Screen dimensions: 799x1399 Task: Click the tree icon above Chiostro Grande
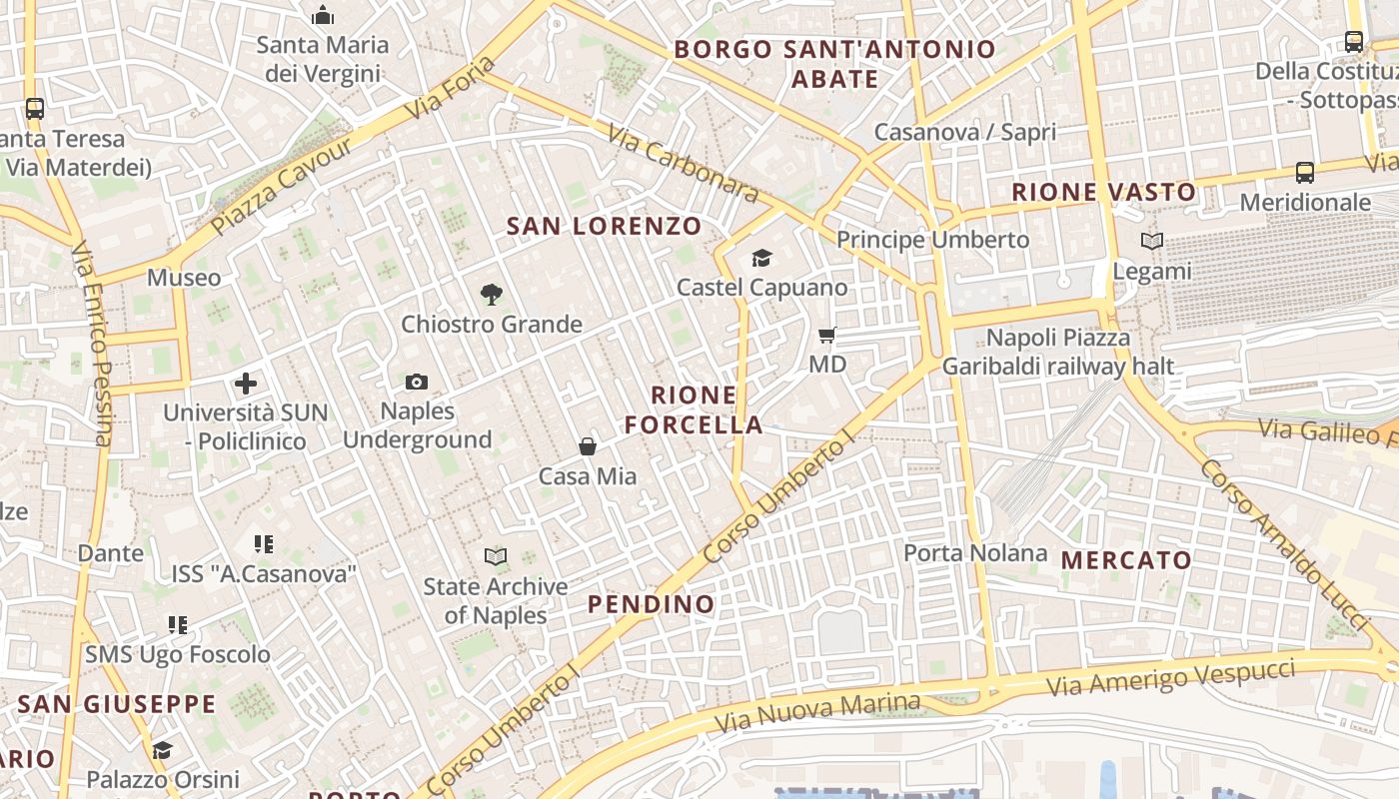tap(491, 295)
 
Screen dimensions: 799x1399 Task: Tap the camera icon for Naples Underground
tap(417, 382)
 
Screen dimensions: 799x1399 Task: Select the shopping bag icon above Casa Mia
tap(588, 446)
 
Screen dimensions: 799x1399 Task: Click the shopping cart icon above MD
tap(826, 335)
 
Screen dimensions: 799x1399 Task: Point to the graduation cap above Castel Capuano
tap(762, 259)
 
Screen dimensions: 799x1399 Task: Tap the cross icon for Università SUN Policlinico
tap(246, 384)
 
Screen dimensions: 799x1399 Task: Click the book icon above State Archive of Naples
tap(495, 556)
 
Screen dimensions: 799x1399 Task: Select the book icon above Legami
tap(1152, 241)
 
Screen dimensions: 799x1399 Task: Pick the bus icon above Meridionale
tap(1305, 173)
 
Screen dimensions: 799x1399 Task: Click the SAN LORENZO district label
tap(604, 226)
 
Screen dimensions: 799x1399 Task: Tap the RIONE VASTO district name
tap(1103, 192)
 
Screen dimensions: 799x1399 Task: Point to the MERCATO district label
tap(1126, 560)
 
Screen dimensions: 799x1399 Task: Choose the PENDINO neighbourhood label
tap(651, 604)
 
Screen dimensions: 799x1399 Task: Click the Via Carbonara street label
tap(683, 164)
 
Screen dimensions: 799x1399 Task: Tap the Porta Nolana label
tap(975, 552)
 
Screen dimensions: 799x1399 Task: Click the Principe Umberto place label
tap(932, 240)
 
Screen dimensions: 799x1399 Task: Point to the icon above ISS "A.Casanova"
tap(264, 544)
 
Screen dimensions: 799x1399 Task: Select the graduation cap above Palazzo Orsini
tap(162, 750)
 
